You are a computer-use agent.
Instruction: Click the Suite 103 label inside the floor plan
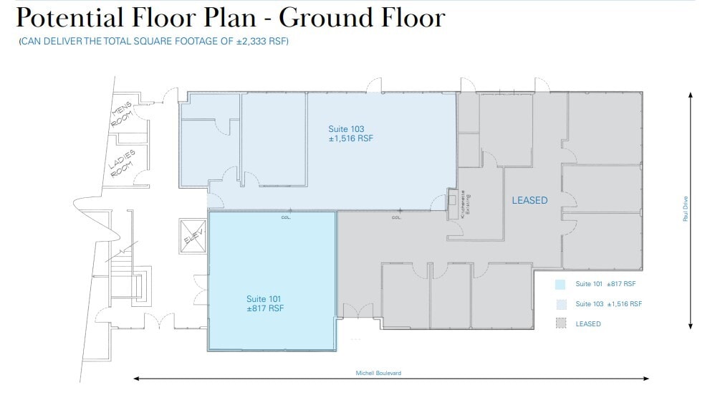tap(346, 129)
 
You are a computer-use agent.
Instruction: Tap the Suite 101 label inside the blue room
tap(264, 298)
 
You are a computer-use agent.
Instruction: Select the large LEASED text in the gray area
tap(529, 201)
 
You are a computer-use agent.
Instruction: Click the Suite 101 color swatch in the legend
tap(560, 284)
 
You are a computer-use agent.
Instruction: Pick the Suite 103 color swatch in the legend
tap(560, 304)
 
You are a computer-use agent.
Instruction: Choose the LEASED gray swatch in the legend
tap(560, 324)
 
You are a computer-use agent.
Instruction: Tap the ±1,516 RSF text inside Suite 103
tap(351, 138)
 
